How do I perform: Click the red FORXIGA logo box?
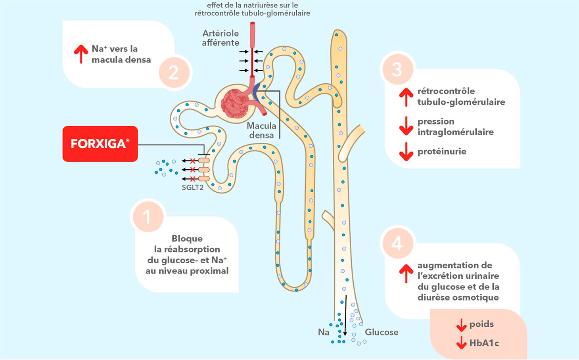click(x=100, y=144)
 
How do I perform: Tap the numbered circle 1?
click(x=148, y=216)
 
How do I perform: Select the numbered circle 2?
click(x=174, y=73)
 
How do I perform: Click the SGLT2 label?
click(x=193, y=188)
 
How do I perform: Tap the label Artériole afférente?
click(x=220, y=38)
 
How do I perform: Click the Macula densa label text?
click(x=261, y=130)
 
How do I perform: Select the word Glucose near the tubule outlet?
click(x=382, y=332)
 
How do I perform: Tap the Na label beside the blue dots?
click(x=324, y=332)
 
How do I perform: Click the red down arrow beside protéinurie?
click(x=406, y=152)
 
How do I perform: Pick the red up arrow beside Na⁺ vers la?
click(x=81, y=54)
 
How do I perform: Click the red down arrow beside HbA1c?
click(x=461, y=343)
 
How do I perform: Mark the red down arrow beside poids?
click(x=461, y=325)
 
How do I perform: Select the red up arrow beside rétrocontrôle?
click(x=406, y=97)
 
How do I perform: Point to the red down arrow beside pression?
click(x=406, y=126)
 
